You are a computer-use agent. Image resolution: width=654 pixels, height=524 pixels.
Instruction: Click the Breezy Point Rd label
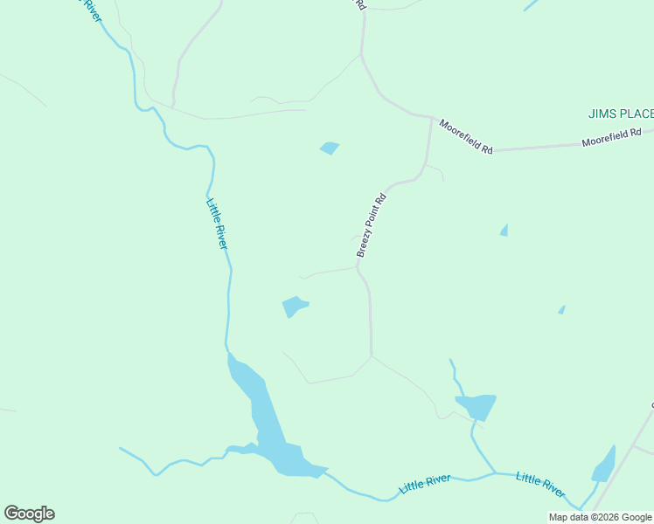371,224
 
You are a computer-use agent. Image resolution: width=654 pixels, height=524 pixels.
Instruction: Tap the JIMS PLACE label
621,114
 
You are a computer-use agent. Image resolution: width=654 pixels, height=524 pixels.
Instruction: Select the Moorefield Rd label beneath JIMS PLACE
612,138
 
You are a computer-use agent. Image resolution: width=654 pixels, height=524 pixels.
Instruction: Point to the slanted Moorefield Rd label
466,137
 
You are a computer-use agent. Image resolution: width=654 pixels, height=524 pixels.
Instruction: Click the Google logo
29,514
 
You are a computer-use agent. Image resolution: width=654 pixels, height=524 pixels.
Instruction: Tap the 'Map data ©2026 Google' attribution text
600,517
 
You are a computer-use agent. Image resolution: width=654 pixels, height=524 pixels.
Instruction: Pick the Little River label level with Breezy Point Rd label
217,224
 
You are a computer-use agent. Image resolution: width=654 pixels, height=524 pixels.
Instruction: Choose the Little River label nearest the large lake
425,483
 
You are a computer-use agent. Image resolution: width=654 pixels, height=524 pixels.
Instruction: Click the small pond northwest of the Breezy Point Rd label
330,148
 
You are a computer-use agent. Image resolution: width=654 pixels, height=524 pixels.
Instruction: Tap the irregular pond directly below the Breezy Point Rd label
294,307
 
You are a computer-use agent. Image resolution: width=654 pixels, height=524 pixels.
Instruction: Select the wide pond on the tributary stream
477,406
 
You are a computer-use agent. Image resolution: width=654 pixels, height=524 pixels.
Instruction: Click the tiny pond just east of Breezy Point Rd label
504,230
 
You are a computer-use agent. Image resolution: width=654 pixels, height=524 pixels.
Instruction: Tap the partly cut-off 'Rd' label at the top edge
359,4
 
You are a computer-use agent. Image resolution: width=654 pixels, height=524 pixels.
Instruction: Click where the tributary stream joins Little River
495,473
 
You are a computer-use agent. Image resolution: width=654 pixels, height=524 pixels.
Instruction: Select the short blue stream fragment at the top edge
531,4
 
